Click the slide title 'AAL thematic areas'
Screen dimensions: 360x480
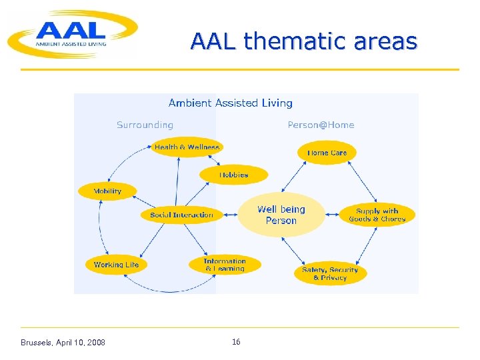[x=303, y=41]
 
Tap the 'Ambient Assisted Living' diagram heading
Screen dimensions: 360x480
[x=230, y=103]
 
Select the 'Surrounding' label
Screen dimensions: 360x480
[x=145, y=125]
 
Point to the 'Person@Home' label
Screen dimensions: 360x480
[x=321, y=125]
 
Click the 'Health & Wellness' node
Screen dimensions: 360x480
[x=187, y=147]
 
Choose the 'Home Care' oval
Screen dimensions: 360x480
[x=327, y=153]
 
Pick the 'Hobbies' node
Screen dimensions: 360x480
[x=233, y=175]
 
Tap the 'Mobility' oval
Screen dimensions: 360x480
[x=107, y=191]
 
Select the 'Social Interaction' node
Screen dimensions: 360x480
[x=181, y=215]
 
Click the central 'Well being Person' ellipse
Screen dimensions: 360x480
[x=281, y=215]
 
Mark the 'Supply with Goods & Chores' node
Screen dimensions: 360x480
[x=377, y=215]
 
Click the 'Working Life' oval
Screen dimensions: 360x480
[x=116, y=265]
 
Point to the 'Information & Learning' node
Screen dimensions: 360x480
[x=225, y=265]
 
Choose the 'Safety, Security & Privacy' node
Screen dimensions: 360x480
[x=330, y=273]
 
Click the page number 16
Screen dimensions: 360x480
[x=236, y=342]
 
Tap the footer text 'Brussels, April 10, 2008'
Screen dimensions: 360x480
[x=63, y=343]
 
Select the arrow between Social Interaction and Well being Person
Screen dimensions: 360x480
[x=229, y=215]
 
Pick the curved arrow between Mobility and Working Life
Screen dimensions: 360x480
[x=100, y=227]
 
